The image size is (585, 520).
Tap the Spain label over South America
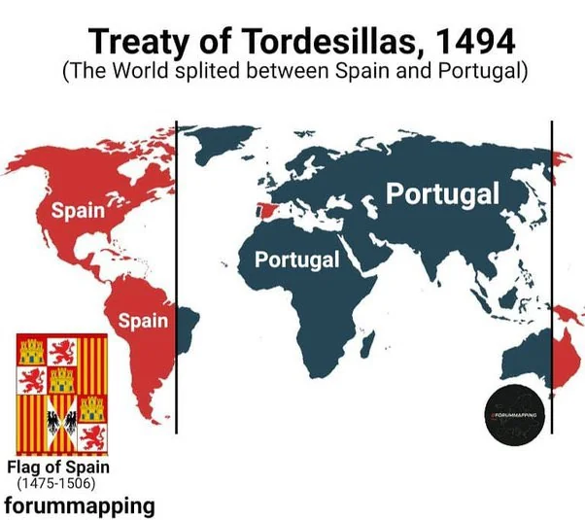click(x=143, y=320)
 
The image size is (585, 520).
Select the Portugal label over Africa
click(x=297, y=260)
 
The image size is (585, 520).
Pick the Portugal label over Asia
click(x=443, y=192)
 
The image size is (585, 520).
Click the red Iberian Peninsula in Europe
click(x=264, y=210)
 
